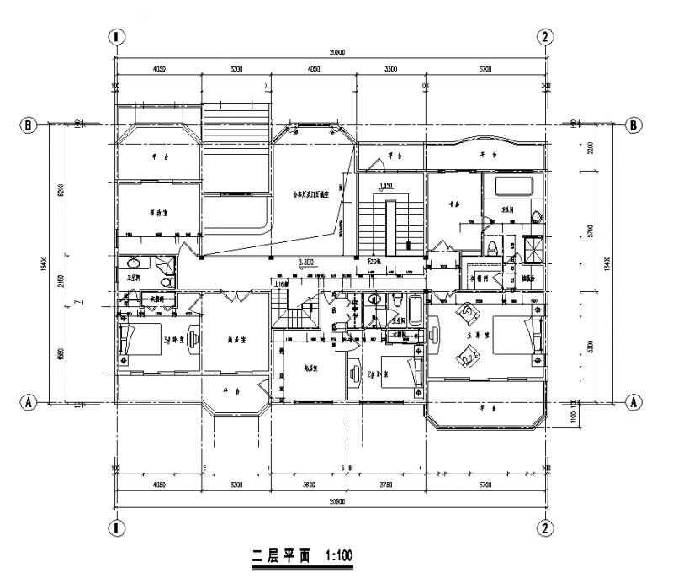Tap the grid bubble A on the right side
[633, 402]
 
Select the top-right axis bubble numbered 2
[546, 36]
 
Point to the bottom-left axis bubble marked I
[115, 527]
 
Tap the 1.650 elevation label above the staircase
[387, 185]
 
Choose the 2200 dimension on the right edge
[591, 150]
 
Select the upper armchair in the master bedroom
[465, 315]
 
